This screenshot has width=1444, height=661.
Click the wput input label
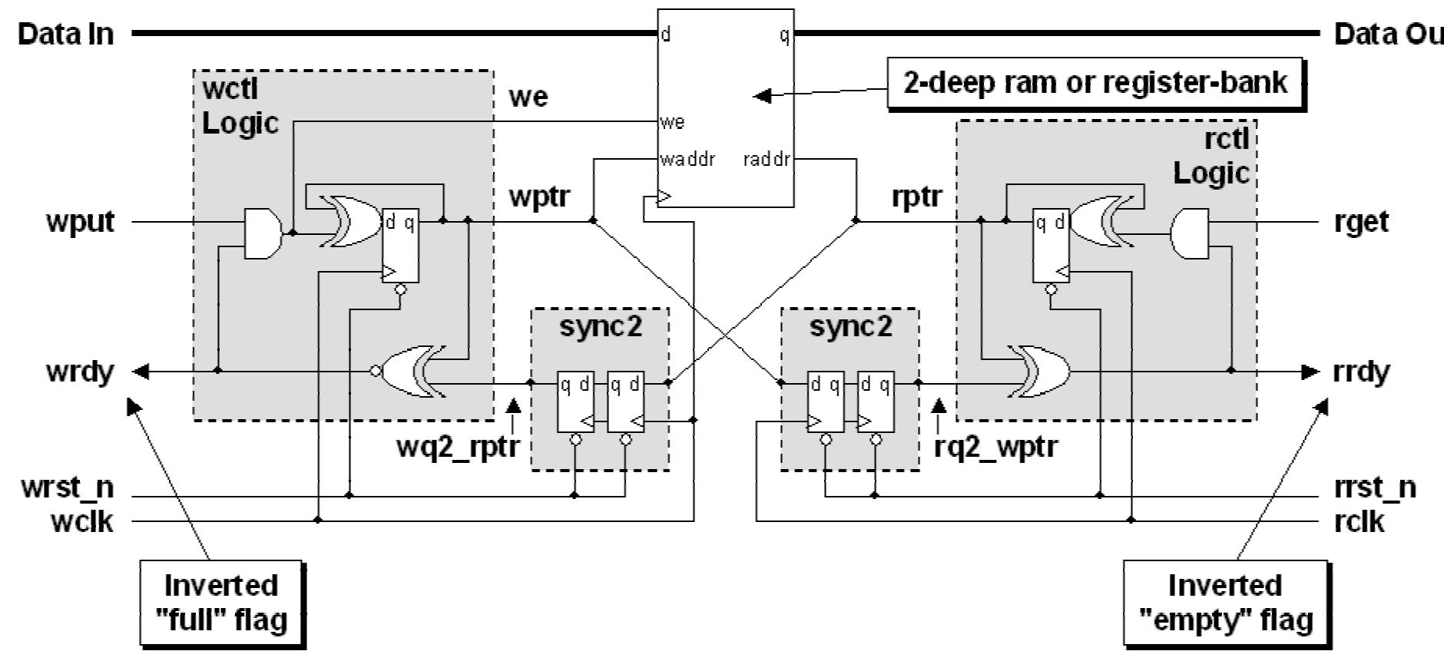[80, 222]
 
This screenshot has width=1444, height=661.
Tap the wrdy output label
[80, 372]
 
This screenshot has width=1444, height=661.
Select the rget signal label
[1361, 222]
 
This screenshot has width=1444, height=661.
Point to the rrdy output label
[1362, 372]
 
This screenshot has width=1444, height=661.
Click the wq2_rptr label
[459, 446]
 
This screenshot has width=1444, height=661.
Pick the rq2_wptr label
[995, 446]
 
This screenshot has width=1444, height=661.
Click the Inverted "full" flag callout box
[221, 603]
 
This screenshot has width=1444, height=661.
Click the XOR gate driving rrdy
[1041, 372]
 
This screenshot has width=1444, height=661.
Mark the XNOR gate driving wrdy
[413, 372]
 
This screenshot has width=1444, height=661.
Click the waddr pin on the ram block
[687, 160]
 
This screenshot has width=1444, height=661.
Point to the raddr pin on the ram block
[766, 160]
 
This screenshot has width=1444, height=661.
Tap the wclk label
[81, 521]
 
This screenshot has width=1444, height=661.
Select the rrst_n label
[1375, 487]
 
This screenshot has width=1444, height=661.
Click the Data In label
[66, 34]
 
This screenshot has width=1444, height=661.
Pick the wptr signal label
[539, 197]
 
